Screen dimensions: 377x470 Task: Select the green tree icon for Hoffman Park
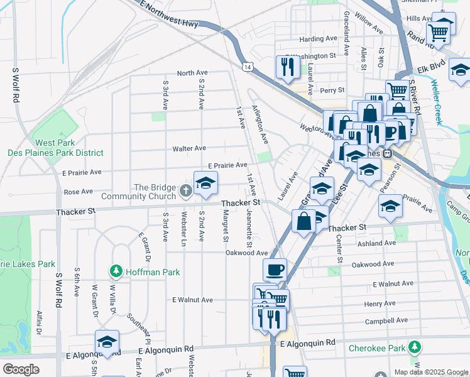point(116,271)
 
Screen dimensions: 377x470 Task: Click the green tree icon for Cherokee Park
point(414,347)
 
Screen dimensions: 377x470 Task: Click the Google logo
point(20,369)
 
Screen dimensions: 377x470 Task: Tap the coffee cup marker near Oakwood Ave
point(275,270)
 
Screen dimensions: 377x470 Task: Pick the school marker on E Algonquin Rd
point(107,342)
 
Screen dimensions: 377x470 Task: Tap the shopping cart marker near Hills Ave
point(438,31)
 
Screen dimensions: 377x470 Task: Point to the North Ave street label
point(192,74)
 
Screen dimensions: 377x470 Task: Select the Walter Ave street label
point(189,148)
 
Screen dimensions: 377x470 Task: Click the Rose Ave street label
point(78,192)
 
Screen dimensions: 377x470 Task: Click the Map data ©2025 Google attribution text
point(430,371)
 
